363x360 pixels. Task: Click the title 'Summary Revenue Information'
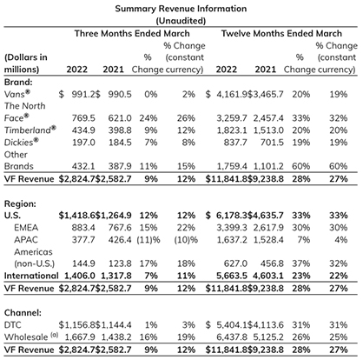[x=181, y=9]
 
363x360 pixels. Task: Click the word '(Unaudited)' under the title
[x=181, y=21]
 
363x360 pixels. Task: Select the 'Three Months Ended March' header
[x=132, y=33]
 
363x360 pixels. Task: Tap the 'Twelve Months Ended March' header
[x=281, y=33]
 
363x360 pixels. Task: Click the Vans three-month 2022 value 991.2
[x=83, y=94]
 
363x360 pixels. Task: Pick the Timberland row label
[x=30, y=130]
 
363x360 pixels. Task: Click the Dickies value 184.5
[x=120, y=143]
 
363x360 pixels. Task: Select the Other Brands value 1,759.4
[x=232, y=166]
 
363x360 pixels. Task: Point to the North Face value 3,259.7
[x=232, y=118]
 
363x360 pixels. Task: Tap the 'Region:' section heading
[x=20, y=203]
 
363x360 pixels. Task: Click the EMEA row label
[x=26, y=228]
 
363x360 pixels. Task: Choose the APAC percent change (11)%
[x=148, y=240]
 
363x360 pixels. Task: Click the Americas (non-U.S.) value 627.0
[x=235, y=263]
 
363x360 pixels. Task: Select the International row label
[x=31, y=276]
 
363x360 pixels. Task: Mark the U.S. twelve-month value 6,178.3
[x=232, y=216]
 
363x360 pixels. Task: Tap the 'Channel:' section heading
[x=23, y=313]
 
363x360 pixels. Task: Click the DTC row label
[x=13, y=325]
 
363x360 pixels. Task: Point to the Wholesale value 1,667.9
[x=80, y=337]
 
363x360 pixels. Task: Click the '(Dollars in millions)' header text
[x=26, y=63]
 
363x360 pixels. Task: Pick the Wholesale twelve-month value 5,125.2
[x=268, y=337]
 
